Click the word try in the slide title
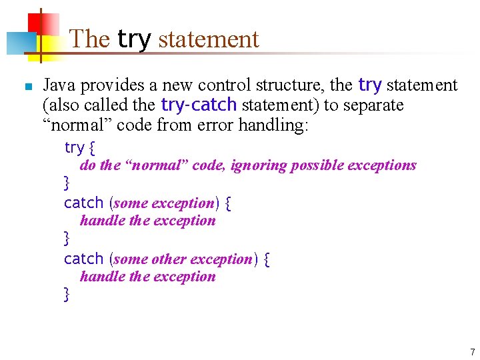(x=135, y=39)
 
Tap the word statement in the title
(x=208, y=39)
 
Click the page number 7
(x=472, y=351)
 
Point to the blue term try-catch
(x=199, y=105)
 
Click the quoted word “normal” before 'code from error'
(x=75, y=125)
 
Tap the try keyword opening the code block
(x=74, y=147)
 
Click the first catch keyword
(x=83, y=203)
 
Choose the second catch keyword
(x=83, y=259)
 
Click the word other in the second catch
(x=170, y=259)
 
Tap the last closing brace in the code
(x=67, y=293)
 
